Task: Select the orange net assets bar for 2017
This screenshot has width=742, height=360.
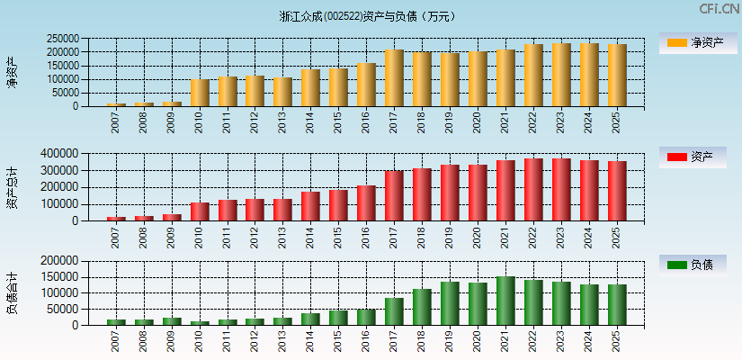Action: point(394,78)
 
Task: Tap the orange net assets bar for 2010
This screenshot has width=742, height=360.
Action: point(200,93)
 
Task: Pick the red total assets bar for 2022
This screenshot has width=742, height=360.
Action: point(533,190)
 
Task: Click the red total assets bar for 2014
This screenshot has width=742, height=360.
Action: point(310,206)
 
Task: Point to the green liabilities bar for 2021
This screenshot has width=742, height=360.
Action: point(505,301)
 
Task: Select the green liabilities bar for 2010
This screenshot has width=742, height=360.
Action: point(200,322)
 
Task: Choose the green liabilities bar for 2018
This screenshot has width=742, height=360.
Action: point(422,307)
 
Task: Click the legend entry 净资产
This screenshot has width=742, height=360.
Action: point(693,42)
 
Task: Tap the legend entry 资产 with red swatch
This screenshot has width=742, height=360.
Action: point(693,157)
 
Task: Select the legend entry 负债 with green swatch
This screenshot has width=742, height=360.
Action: point(693,265)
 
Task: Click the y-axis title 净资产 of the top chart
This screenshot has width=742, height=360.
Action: point(12,72)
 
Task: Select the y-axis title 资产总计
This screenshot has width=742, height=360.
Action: point(12,187)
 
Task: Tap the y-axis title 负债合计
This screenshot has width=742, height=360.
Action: point(12,292)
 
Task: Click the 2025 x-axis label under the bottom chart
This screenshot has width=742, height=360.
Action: point(617,340)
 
